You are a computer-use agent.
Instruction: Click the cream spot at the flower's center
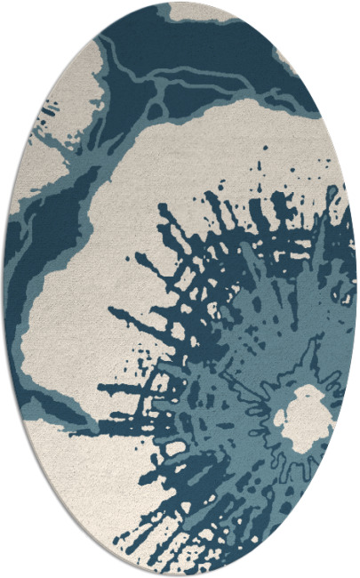(307, 418)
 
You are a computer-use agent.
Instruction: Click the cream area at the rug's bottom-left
(71, 480)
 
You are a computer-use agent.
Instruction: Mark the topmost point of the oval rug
(180, 2)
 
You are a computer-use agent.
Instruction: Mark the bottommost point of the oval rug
(180, 575)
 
